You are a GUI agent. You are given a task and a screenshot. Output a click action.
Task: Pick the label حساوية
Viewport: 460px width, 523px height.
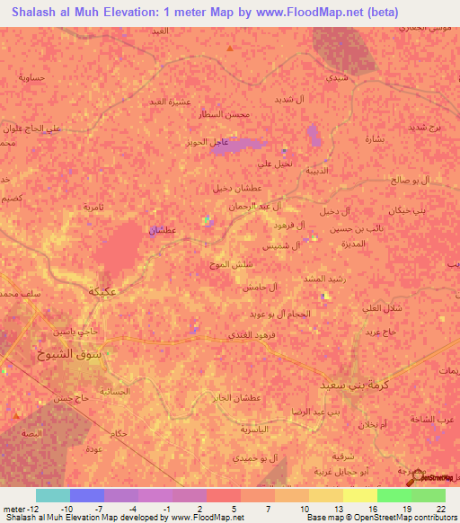coord(32,78)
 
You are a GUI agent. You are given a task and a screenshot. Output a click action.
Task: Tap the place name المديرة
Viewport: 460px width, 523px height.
coord(353,244)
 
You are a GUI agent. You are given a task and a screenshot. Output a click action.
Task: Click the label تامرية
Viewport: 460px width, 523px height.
coord(93,207)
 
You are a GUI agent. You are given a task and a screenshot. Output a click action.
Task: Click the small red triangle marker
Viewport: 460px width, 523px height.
coord(231,48)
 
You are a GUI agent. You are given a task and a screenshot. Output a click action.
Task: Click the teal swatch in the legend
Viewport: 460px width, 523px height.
coord(52,494)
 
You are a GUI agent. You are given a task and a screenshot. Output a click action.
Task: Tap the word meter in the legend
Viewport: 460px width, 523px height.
coord(13,509)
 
